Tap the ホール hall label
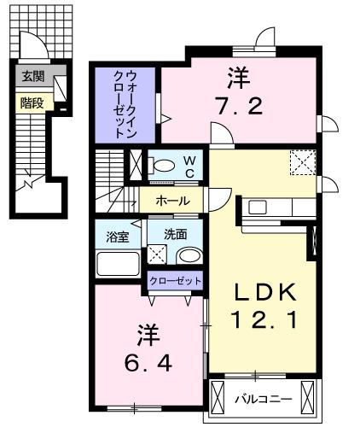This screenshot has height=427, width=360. tap(171, 202)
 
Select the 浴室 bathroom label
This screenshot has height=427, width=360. tap(116, 234)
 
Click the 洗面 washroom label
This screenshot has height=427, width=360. tap(176, 233)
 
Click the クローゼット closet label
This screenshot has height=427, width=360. tap(176, 281)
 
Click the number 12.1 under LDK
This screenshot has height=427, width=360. tap(264, 322)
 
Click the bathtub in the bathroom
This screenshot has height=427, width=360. tap(118, 262)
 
